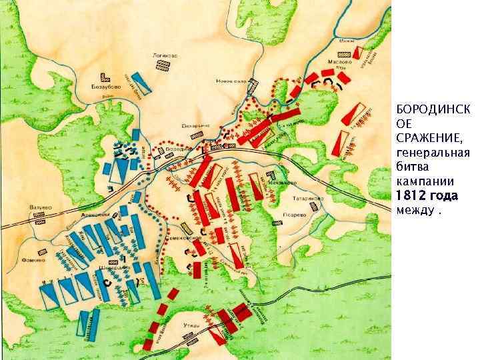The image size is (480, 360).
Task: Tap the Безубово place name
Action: coord(99,86)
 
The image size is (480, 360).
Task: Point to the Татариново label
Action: coord(309,197)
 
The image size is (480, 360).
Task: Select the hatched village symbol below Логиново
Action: coord(161,65)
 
